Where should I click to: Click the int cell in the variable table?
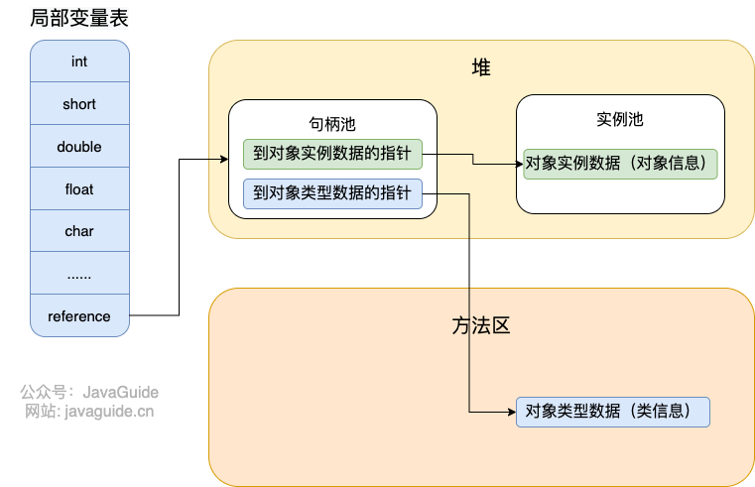[x=79, y=61]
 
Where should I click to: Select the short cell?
[x=79, y=104]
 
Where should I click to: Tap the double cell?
[x=79, y=147]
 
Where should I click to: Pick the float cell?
[x=79, y=188]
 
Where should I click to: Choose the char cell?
[x=79, y=231]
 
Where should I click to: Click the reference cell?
[x=79, y=316]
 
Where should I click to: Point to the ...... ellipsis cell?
[x=79, y=274]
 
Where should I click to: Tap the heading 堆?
[x=481, y=67]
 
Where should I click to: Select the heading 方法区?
[x=481, y=325]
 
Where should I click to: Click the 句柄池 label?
[x=332, y=124]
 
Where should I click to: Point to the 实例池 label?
[x=620, y=120]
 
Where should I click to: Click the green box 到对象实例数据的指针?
[x=332, y=154]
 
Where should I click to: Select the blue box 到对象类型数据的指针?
[x=332, y=194]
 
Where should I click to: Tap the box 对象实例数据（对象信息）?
[x=620, y=164]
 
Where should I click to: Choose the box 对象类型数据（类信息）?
[x=613, y=412]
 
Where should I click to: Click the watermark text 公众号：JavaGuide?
[x=89, y=392]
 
